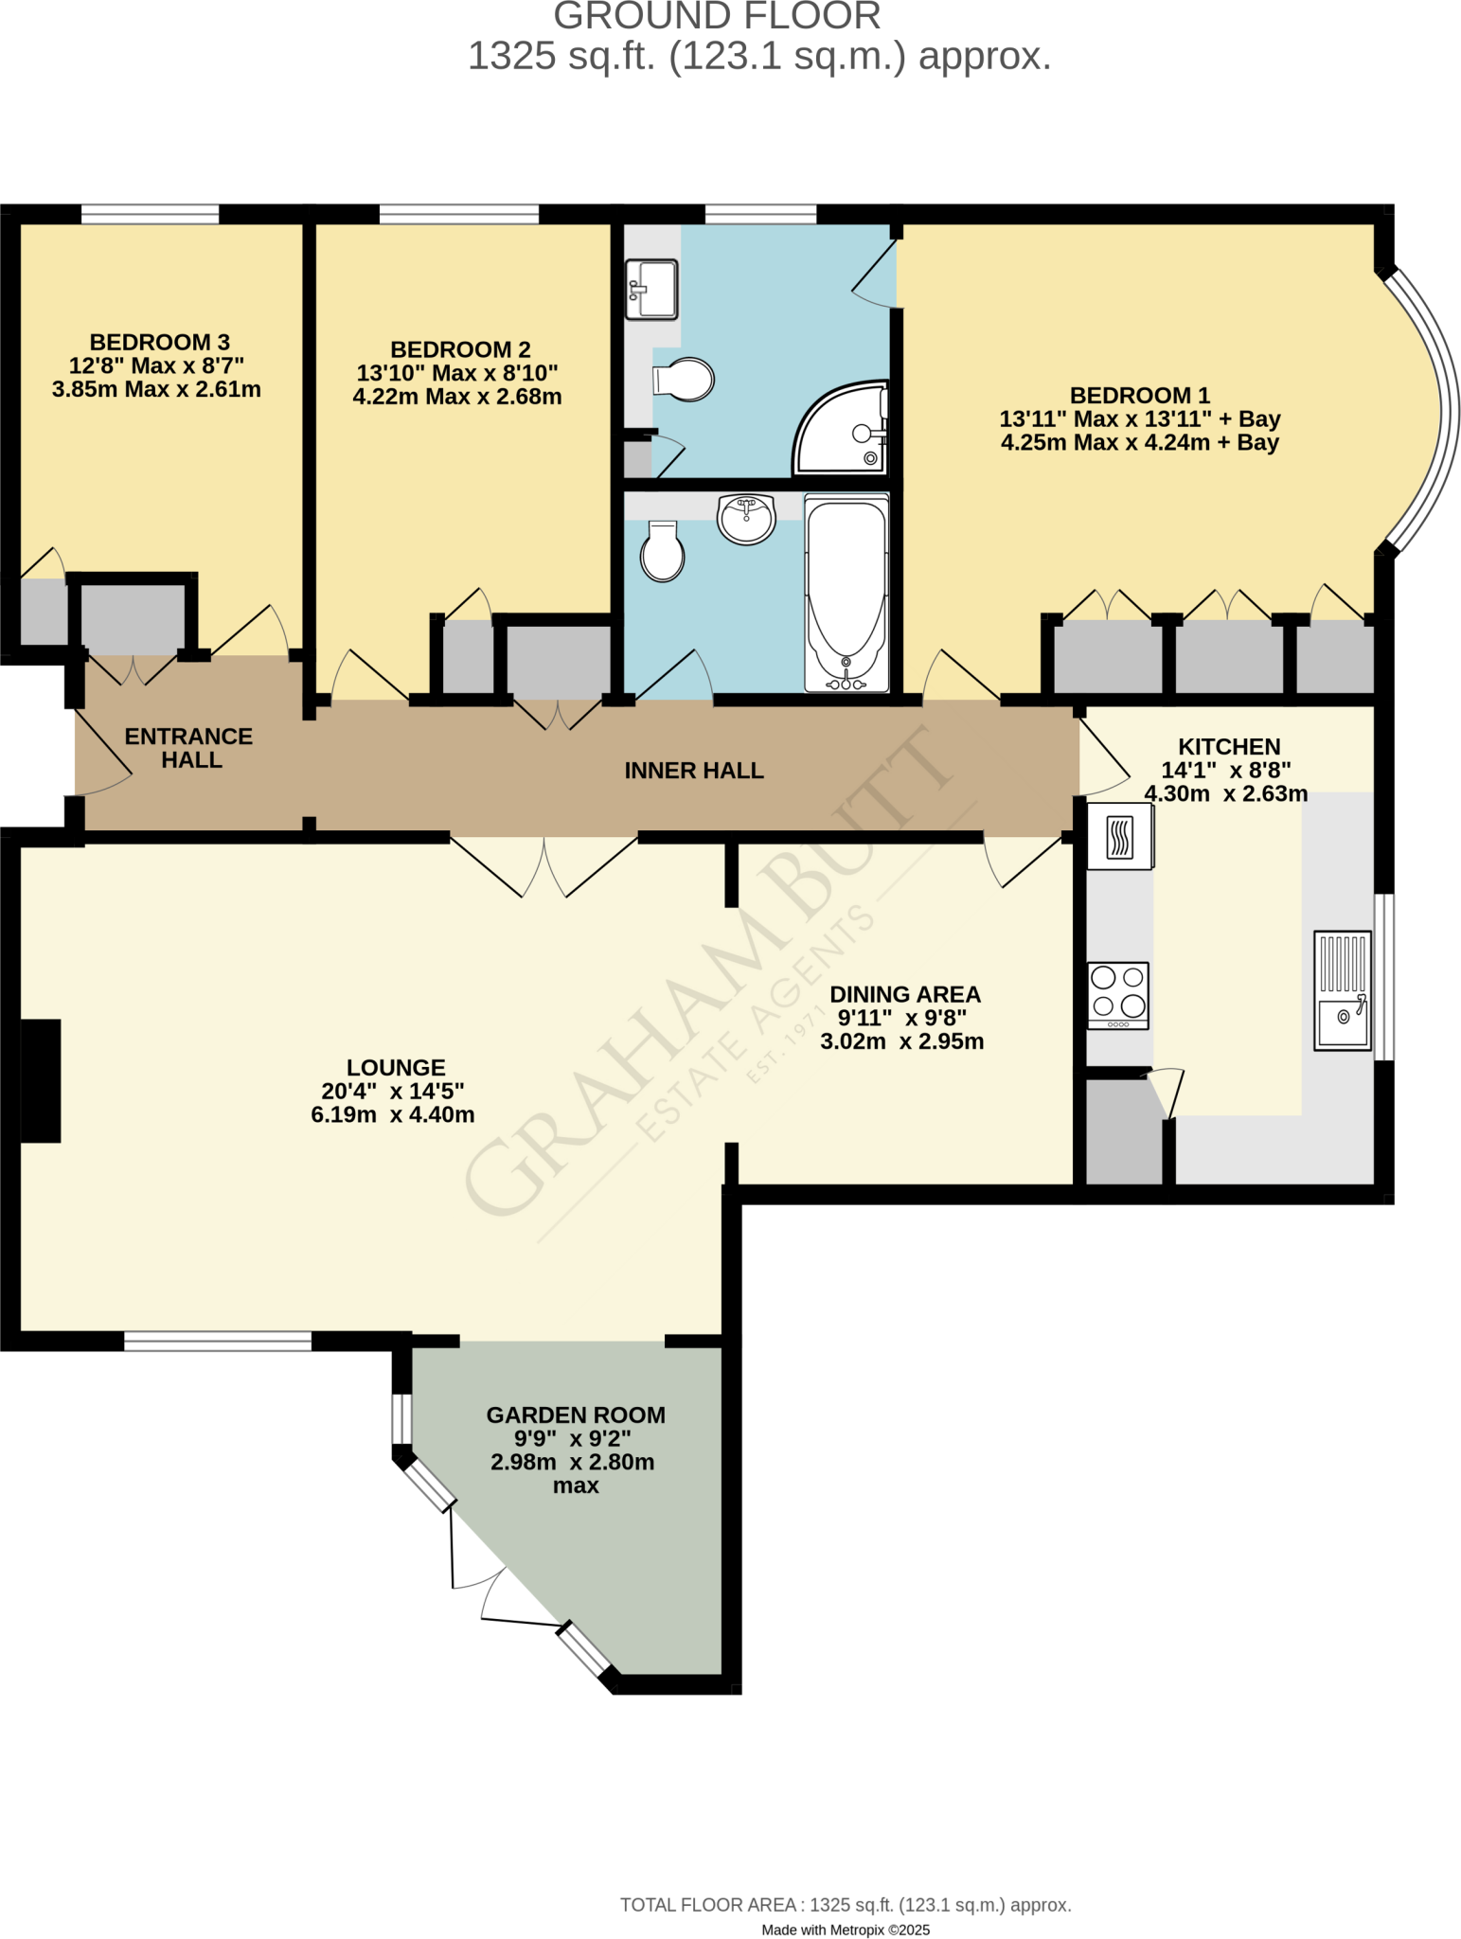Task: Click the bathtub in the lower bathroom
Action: click(846, 592)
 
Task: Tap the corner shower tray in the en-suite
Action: click(841, 431)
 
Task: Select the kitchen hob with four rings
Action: click(1118, 995)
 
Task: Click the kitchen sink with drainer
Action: click(1343, 990)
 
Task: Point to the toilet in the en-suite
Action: click(685, 380)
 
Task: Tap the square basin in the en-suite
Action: click(652, 288)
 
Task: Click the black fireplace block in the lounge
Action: click(41, 1080)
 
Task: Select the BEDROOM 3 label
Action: click(159, 342)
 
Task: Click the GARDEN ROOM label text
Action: click(576, 1414)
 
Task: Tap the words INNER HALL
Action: click(694, 771)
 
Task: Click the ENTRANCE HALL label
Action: click(189, 748)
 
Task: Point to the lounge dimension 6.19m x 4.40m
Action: click(393, 1114)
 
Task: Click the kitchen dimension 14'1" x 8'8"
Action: click(1226, 770)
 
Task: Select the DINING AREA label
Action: click(905, 994)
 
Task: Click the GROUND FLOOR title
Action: click(717, 16)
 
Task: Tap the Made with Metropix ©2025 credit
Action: click(846, 1930)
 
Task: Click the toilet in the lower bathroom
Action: click(663, 554)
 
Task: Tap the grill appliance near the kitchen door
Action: click(1120, 836)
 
